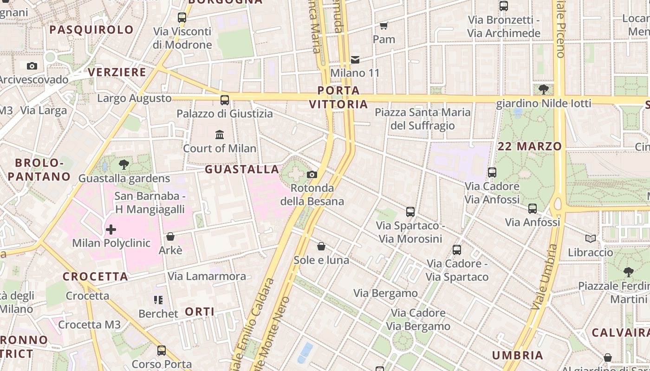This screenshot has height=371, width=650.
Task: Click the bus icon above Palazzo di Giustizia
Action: click(225, 100)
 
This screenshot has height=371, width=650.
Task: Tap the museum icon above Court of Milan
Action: click(220, 135)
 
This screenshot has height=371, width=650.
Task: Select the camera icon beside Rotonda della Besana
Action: click(312, 174)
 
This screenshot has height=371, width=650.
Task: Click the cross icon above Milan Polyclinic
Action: click(111, 229)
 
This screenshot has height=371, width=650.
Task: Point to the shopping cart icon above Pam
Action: click(384, 26)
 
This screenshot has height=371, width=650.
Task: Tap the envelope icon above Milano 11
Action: click(355, 59)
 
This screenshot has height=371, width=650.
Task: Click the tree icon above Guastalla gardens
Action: click(124, 164)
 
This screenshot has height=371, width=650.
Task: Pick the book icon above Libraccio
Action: click(591, 238)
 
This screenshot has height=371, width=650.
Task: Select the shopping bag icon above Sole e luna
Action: click(321, 246)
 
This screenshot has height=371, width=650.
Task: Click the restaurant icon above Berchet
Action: click(158, 300)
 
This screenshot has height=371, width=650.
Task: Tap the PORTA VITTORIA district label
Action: click(339, 97)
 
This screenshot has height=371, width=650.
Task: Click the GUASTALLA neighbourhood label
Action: click(242, 169)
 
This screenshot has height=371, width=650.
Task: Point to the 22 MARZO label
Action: click(530, 147)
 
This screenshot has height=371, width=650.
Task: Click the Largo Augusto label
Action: click(134, 98)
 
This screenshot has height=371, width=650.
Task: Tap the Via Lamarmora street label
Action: click(207, 276)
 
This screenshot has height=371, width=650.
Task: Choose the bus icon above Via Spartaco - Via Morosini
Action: click(410, 212)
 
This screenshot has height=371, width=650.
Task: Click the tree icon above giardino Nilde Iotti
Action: click(544, 89)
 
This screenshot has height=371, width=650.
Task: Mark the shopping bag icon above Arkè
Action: click(170, 237)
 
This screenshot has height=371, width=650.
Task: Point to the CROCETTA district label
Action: click(96, 277)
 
